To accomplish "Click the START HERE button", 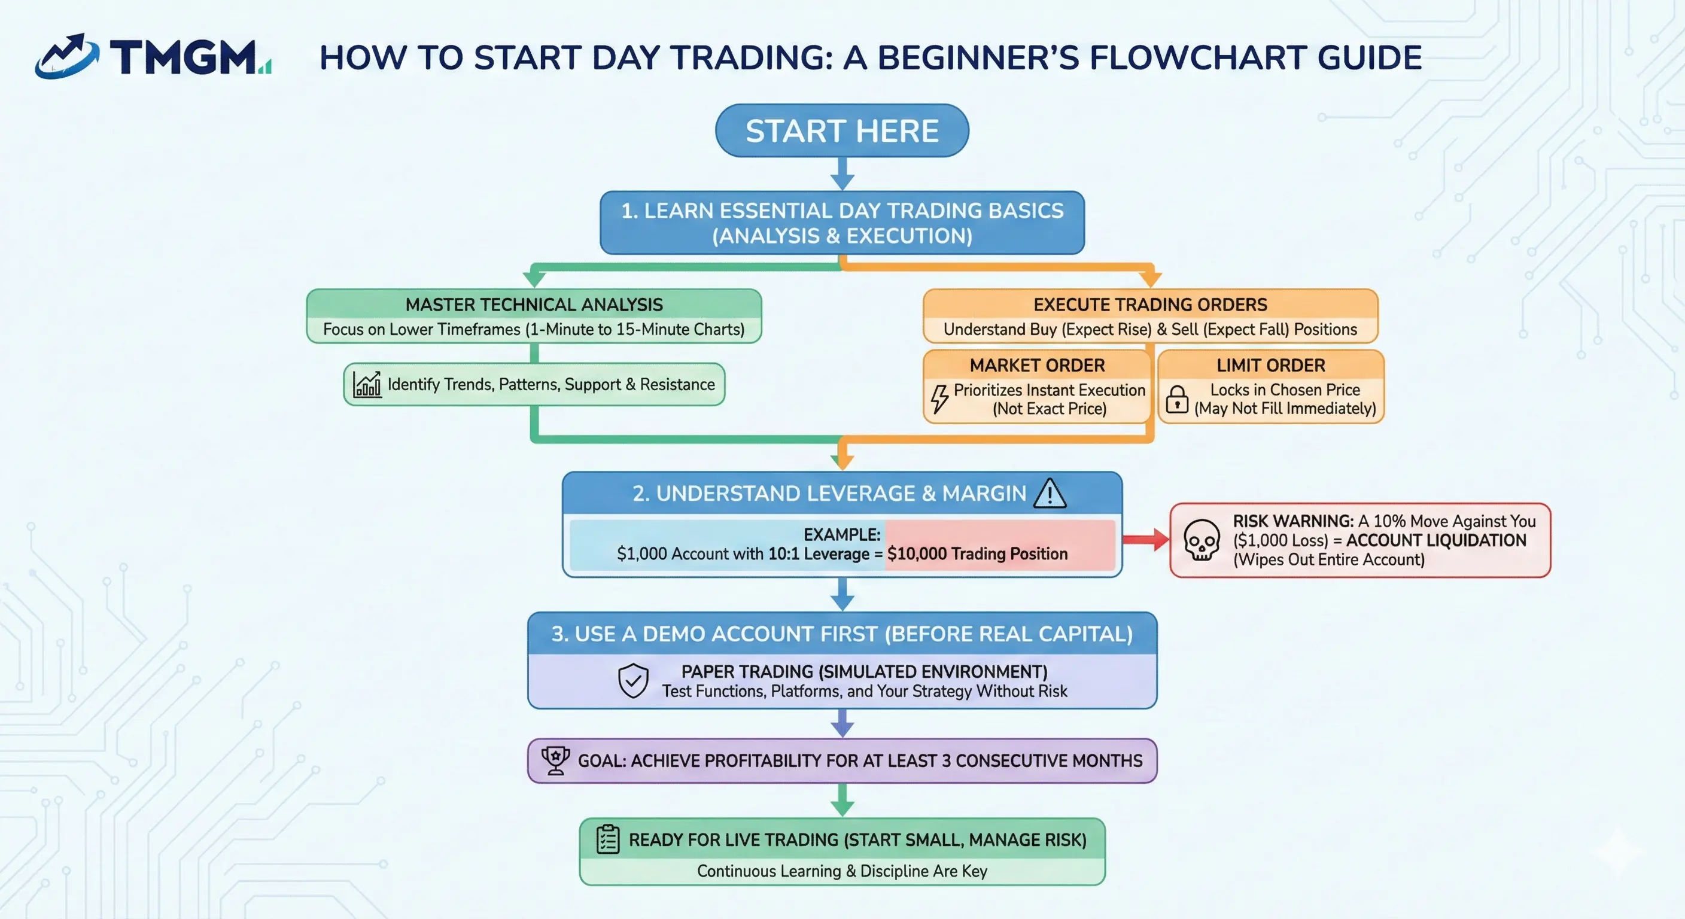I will pos(842,131).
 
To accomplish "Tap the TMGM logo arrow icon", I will pos(67,57).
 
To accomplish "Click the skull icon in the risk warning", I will pos(1201,540).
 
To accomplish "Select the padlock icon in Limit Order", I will pos(1177,399).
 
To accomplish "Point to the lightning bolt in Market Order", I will pos(939,398).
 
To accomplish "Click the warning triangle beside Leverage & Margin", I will pos(1050,494).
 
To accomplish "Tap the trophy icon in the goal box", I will pos(555,760).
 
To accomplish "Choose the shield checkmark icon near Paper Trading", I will pos(632,681).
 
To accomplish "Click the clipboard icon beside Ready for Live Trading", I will pos(608,839).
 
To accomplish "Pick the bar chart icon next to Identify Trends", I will pos(367,385).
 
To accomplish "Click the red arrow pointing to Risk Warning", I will pos(1145,540).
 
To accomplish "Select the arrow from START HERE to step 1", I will pos(842,174).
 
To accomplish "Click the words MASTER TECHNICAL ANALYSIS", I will pos(534,305).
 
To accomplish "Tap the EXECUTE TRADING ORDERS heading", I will pos(1150,305).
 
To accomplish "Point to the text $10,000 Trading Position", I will pos(977,554).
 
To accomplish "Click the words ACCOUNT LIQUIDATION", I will pos(1436,540).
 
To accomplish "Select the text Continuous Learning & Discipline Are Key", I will pos(842,871).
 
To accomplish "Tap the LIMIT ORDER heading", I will pos(1270,366).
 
